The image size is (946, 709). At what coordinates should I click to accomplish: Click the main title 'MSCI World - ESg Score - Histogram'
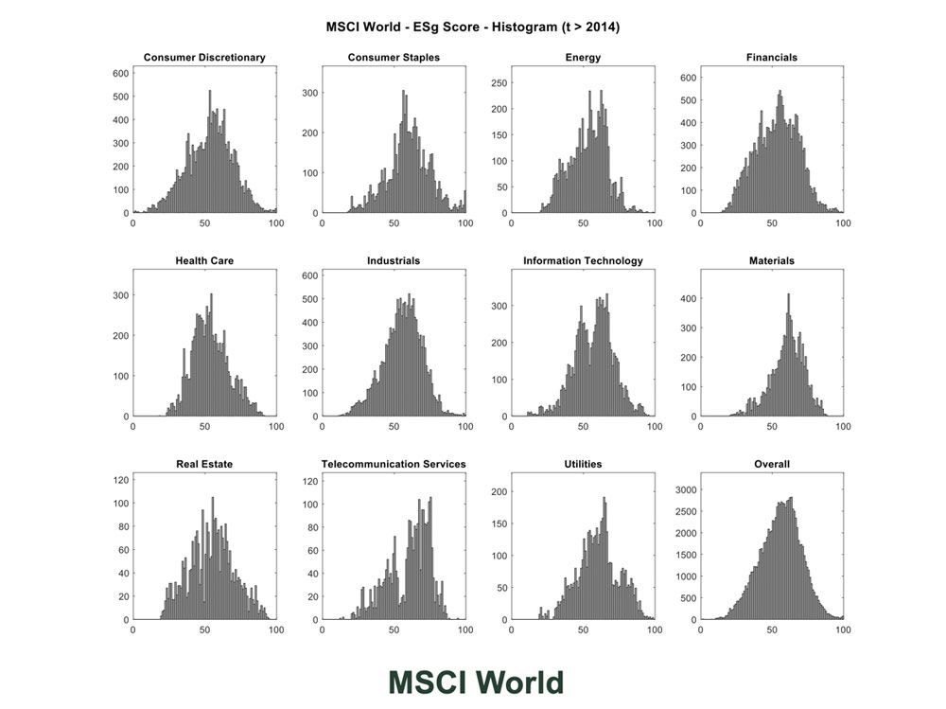pos(473,27)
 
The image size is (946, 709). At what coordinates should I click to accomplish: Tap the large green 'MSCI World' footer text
pos(476,682)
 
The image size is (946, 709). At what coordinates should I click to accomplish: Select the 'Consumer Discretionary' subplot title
pos(204,58)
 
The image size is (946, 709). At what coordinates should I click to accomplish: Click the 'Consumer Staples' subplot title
pos(394,58)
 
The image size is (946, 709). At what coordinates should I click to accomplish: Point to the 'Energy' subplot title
pos(583,58)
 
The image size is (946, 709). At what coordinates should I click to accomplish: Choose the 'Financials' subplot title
pos(772,58)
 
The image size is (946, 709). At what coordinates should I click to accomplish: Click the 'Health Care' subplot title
pos(204,261)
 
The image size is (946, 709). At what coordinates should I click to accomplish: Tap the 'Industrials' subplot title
pos(394,261)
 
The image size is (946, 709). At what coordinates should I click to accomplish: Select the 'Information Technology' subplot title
pos(583,261)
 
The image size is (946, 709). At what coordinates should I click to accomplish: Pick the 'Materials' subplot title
pos(772,261)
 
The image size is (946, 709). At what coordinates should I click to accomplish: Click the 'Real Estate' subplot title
pos(204,465)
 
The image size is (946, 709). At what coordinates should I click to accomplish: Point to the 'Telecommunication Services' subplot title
pos(394,465)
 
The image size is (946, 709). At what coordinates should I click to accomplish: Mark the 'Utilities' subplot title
pos(583,465)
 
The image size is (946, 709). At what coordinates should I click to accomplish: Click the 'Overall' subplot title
pos(772,465)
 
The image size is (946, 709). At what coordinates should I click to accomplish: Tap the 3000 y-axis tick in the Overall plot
pos(684,490)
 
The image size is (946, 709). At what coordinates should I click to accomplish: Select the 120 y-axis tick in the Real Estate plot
pos(120,480)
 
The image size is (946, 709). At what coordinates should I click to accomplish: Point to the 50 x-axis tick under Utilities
pos(583,629)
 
